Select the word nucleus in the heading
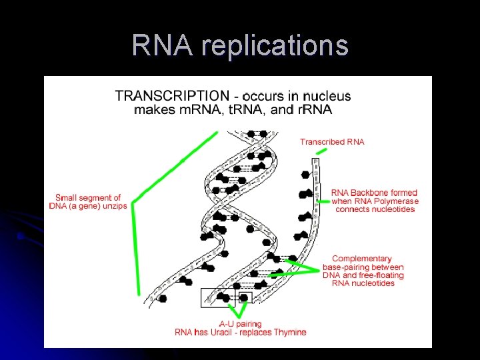click(324, 96)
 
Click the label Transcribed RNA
click(332, 142)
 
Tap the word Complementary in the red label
click(362, 259)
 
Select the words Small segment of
click(88, 197)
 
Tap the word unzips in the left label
click(113, 205)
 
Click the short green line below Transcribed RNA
click(321, 152)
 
